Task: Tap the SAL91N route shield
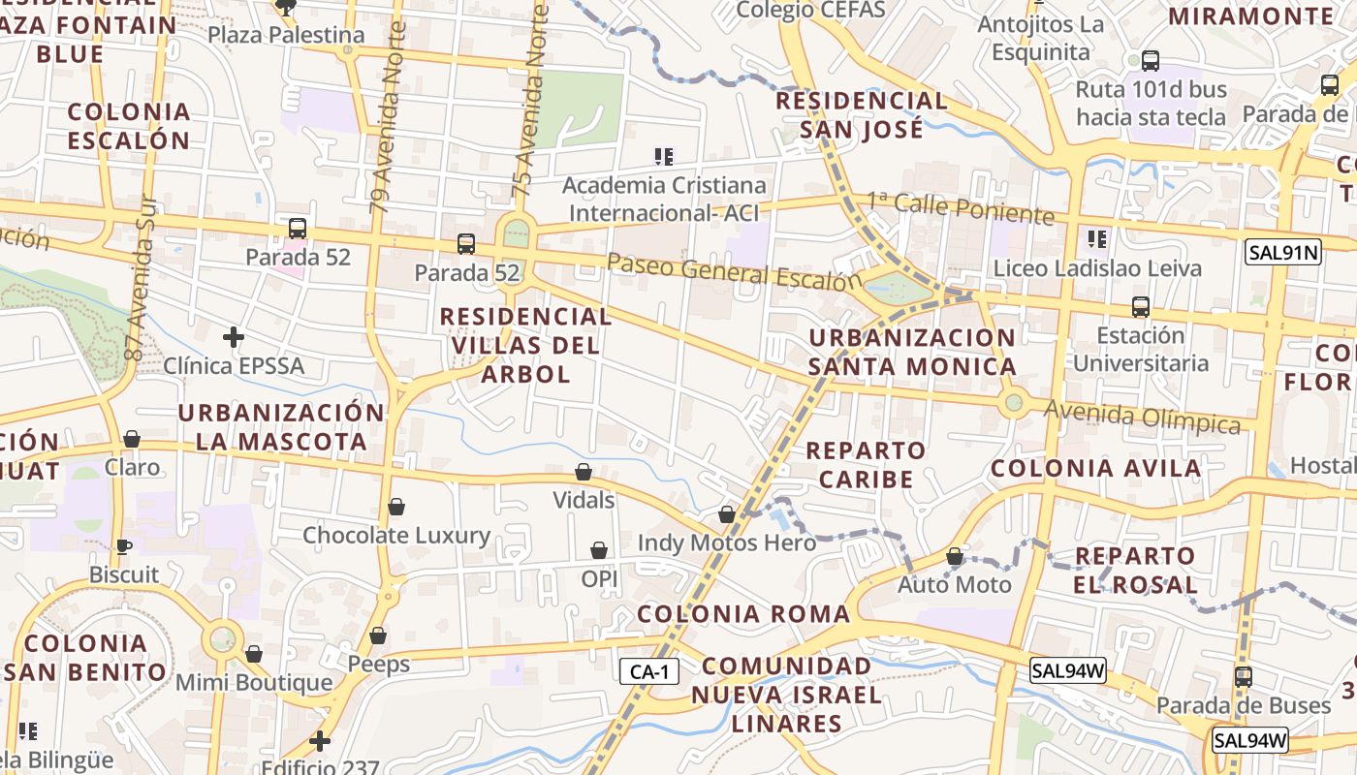pos(1283,253)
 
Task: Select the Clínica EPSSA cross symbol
pos(233,337)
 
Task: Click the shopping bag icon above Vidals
pos(584,472)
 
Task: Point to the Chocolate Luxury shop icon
pos(395,507)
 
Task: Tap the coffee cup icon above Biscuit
pos(124,546)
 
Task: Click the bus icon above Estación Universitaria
pos(1141,307)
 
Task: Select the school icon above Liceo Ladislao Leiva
pos(1097,238)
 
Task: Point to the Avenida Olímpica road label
pos(1142,418)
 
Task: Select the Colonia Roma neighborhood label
pos(743,613)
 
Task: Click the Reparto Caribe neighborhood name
pos(866,464)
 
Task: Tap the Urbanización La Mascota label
pos(281,427)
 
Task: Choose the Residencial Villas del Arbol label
pos(525,345)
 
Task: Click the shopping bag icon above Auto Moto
pos(955,557)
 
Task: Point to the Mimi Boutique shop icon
pos(254,655)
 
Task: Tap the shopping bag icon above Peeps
pos(378,636)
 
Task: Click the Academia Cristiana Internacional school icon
pos(664,156)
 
